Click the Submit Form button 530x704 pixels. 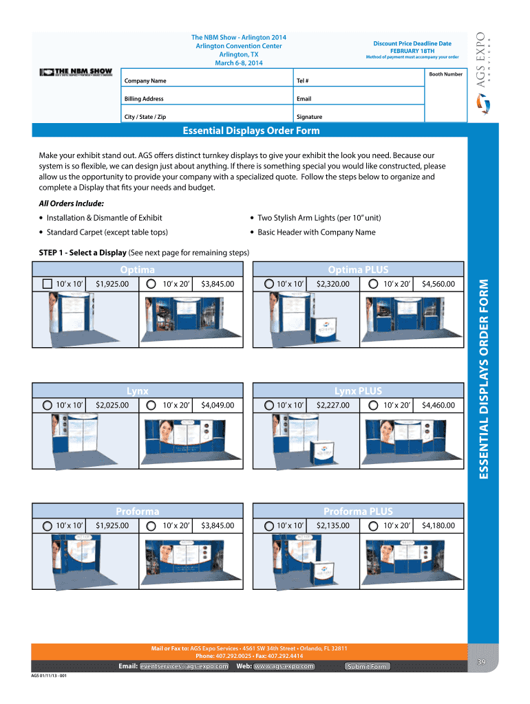tap(367, 666)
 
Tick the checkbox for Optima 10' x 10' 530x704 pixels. tap(47, 283)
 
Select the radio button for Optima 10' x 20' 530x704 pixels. tap(151, 283)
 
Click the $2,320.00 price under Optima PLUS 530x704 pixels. tap(333, 283)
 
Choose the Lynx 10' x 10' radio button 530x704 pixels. tap(47, 405)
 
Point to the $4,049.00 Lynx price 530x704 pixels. tap(218, 405)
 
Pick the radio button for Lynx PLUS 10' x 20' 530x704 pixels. tap(372, 405)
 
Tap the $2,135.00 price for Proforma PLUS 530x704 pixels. tap(333, 526)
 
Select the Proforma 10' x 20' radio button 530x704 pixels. tap(151, 526)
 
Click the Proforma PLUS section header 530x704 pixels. tap(358, 511)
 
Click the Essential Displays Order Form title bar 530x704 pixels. tap(251, 131)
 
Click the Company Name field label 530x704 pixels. tap(145, 81)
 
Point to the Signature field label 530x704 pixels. tap(309, 117)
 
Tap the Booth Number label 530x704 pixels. tap(445, 74)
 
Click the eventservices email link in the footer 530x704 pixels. tap(184, 666)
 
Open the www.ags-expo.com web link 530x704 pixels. tap(284, 666)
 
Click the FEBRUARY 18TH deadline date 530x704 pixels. tap(412, 50)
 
